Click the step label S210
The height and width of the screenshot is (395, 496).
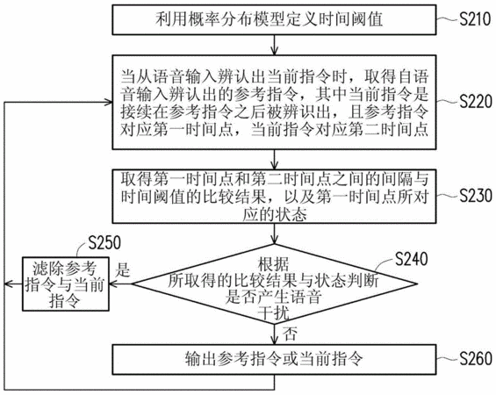475,19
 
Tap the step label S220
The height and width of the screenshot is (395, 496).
476,102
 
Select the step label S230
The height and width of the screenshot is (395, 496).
476,196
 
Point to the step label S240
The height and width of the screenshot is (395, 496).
411,259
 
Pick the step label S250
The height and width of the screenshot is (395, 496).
104,242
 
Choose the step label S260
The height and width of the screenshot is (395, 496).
476,359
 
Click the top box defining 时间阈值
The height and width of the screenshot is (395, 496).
274,19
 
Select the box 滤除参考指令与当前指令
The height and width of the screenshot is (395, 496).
66,284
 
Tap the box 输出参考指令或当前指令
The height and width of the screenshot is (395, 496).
274,360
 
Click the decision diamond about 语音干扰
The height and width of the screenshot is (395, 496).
274,284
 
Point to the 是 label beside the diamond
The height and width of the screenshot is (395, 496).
122,270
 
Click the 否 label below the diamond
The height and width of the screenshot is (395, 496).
290,334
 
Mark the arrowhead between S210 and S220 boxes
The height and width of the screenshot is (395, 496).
274,51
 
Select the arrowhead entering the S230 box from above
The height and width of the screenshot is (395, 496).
274,165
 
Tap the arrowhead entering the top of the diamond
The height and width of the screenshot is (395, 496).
274,240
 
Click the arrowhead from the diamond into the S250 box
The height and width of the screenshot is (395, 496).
113,284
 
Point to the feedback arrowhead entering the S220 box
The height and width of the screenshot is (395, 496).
108,102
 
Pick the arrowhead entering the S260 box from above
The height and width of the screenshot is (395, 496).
274,341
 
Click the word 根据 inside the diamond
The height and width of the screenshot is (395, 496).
274,263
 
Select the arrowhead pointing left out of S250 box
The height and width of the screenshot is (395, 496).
8,284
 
